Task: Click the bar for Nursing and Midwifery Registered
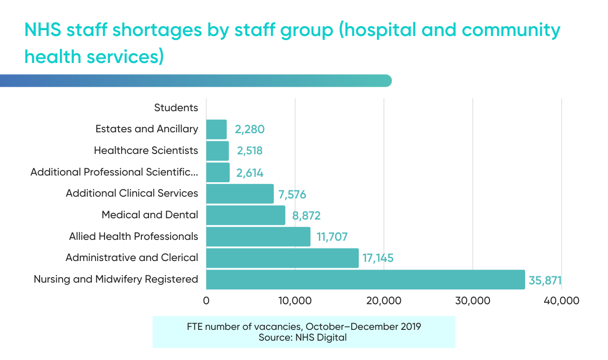pyautogui.click(x=365, y=279)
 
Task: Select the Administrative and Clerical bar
pyautogui.click(x=282, y=258)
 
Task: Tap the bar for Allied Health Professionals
pyautogui.click(x=259, y=237)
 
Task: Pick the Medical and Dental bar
pyautogui.click(x=246, y=215)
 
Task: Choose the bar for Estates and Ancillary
pyautogui.click(x=217, y=130)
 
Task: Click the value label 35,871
pyautogui.click(x=545, y=280)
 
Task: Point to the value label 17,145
pyautogui.click(x=377, y=258)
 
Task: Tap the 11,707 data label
pyautogui.click(x=332, y=237)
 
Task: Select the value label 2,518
pyautogui.click(x=248, y=151)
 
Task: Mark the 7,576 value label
pyautogui.click(x=292, y=194)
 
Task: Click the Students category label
pyautogui.click(x=176, y=108)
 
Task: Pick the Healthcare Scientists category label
pyautogui.click(x=146, y=151)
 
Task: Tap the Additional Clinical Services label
pyautogui.click(x=132, y=193)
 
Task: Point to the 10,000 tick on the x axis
pyautogui.click(x=295, y=301)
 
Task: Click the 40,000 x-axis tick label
pyautogui.click(x=561, y=301)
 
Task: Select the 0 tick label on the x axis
pyautogui.click(x=206, y=301)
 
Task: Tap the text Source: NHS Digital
pyautogui.click(x=303, y=337)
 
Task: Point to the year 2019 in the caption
pyautogui.click(x=410, y=326)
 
